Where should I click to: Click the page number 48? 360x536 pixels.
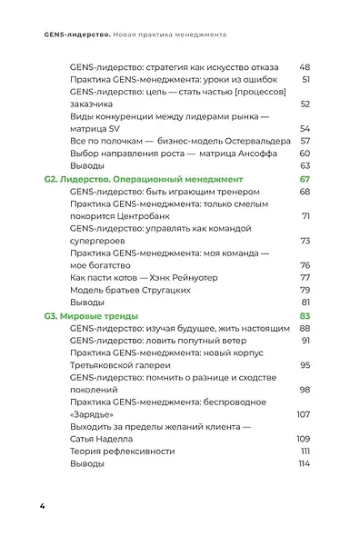305,68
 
